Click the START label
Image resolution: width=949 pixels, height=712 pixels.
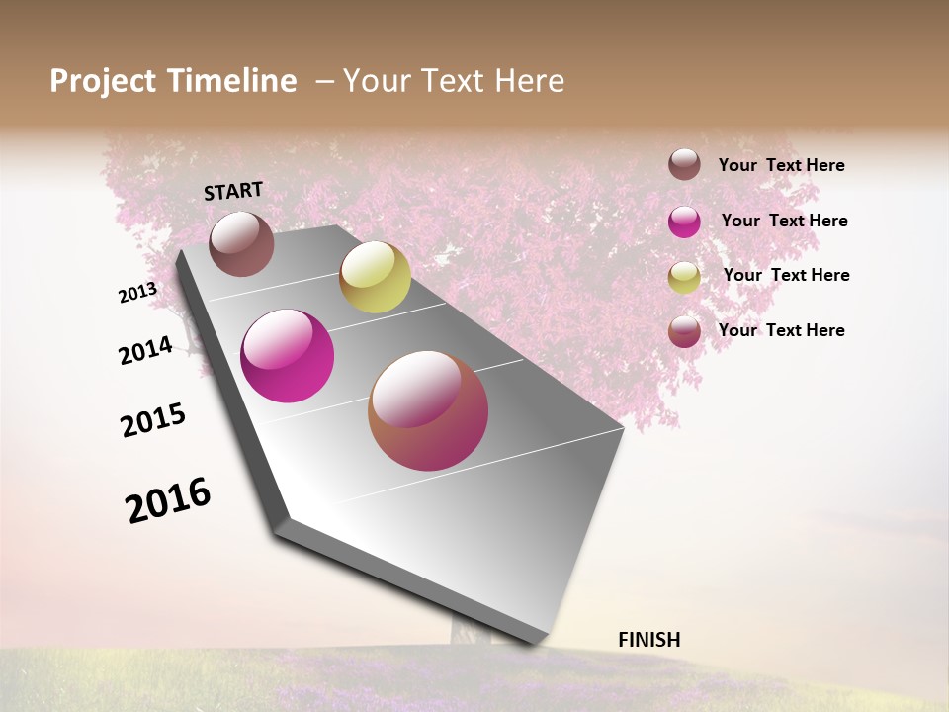233,191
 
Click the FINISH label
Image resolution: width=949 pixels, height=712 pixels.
648,640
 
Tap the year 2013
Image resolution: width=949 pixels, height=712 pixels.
137,293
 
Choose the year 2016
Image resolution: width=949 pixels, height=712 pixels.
168,500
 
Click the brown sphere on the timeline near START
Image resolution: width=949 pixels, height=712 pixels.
241,243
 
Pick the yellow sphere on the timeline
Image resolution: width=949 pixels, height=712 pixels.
375,277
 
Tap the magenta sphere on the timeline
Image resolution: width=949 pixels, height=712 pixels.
287,356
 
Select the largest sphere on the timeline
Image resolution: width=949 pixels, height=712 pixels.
428,410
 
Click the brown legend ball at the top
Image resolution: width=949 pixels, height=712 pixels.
684,164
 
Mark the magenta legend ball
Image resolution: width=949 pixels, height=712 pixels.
684,222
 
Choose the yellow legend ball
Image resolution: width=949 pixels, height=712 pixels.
684,277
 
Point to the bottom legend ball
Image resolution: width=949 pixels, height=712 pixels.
684,331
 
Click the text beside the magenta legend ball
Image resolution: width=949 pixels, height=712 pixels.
784,221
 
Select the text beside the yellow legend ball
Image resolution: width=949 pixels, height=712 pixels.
786,275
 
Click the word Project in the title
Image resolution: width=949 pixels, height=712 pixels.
103,81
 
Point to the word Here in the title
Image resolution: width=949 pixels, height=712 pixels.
530,81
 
